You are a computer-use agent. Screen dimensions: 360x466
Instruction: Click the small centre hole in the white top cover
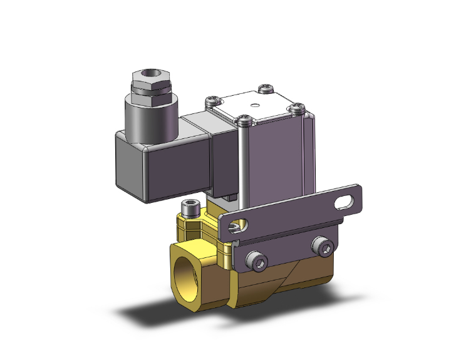pyautogui.click(x=255, y=105)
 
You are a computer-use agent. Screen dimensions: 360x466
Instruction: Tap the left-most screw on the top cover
pyautogui.click(x=214, y=100)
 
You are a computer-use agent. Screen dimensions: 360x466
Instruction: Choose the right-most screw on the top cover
pyautogui.click(x=298, y=108)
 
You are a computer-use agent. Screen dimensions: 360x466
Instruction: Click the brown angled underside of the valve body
pyautogui.click(x=276, y=288)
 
